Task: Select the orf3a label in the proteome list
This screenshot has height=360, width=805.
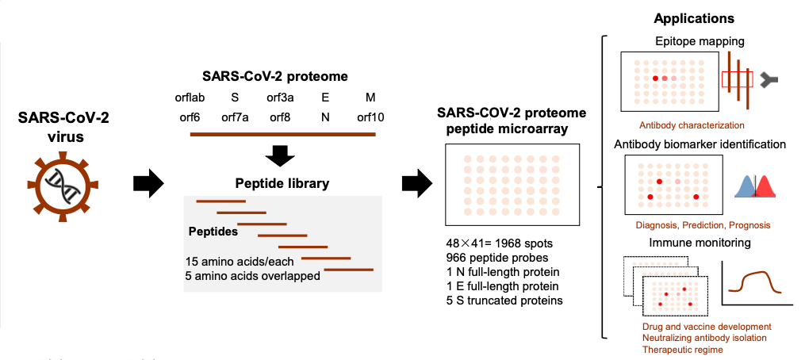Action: click(280, 97)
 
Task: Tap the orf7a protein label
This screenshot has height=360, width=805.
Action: click(235, 118)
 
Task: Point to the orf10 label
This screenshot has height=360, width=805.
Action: click(370, 118)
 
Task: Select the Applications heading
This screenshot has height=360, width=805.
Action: click(694, 19)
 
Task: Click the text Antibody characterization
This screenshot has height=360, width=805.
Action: click(692, 124)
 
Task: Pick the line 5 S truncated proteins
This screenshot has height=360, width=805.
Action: click(504, 301)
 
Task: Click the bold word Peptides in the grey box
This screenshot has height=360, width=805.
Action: click(213, 232)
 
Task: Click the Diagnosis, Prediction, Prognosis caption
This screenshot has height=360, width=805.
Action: click(703, 225)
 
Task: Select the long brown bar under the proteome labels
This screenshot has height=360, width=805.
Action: click(283, 135)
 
